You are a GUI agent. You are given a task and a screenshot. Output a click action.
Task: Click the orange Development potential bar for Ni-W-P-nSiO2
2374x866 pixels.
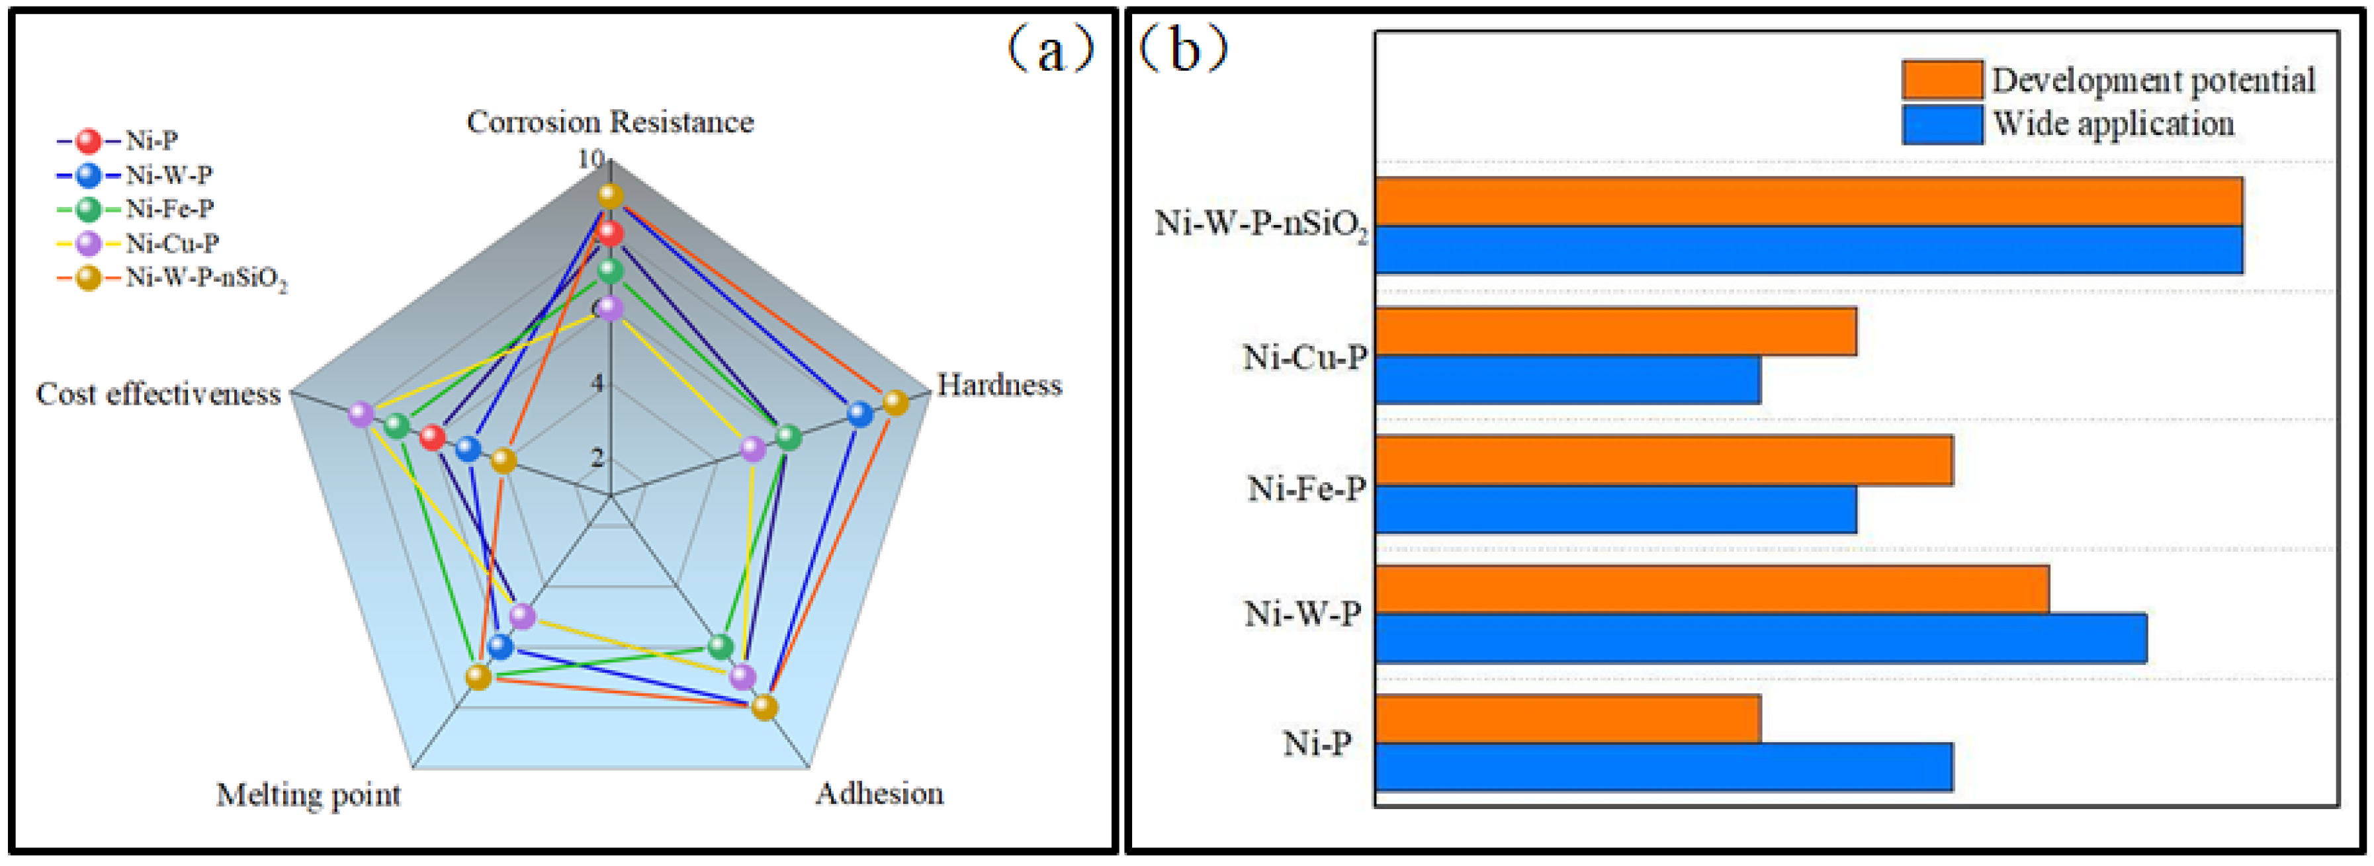(x=1808, y=202)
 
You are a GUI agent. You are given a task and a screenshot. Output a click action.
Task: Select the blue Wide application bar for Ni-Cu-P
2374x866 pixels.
(x=1567, y=380)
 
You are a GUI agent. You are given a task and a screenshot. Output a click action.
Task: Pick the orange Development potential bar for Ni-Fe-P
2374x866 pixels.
(x=1663, y=460)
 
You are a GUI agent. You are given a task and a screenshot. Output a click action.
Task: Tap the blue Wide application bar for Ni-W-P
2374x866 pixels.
(x=1760, y=638)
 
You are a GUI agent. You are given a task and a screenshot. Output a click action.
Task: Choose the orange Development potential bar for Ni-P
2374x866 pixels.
(x=1567, y=718)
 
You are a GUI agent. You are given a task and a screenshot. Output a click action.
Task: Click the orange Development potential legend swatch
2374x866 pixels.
(x=1942, y=80)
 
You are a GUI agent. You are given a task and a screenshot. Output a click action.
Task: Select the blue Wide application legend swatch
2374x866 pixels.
(x=1942, y=124)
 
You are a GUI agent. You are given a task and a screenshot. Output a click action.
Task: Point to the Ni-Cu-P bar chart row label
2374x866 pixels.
(x=1304, y=357)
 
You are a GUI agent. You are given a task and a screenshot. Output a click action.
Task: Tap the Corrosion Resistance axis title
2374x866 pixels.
(x=610, y=122)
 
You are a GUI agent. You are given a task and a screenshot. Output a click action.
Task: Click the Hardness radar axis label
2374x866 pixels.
(x=999, y=385)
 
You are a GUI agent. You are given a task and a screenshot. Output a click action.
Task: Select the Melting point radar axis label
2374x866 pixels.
(x=309, y=794)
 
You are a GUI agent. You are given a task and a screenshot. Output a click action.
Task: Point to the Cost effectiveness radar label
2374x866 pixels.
(x=159, y=394)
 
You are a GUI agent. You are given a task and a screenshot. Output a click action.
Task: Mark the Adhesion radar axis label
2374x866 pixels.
(x=879, y=793)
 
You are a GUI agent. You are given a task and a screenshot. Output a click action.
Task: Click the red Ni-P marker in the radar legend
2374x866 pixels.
(x=89, y=141)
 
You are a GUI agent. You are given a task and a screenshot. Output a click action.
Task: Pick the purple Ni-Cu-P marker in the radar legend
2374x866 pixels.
(x=89, y=244)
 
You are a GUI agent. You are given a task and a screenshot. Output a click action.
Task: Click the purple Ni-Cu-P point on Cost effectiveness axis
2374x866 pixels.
(x=361, y=415)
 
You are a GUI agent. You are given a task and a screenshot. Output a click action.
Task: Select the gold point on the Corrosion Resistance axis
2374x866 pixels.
(x=610, y=196)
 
